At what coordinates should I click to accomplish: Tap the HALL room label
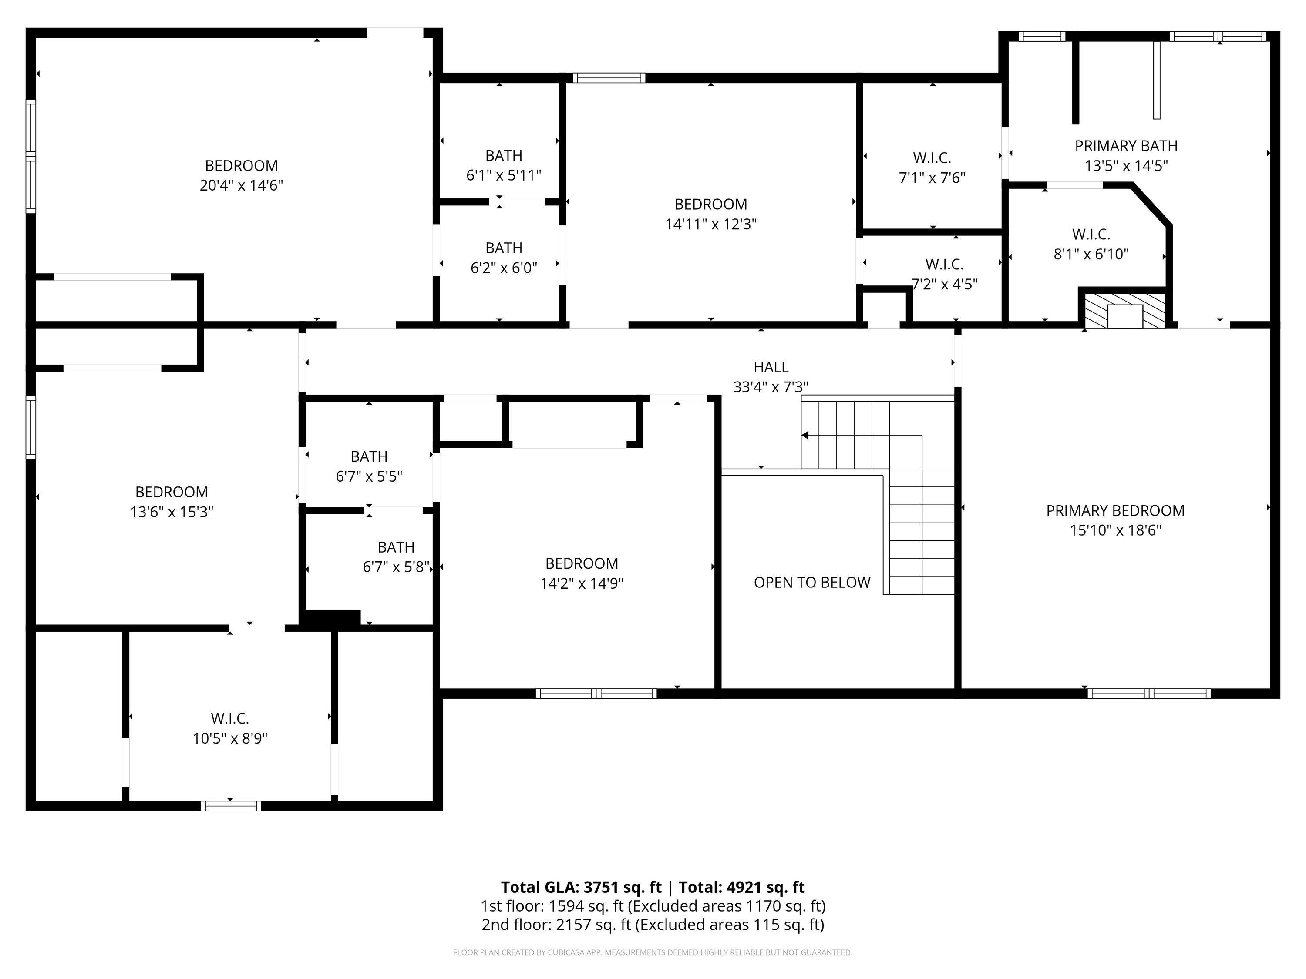(x=771, y=367)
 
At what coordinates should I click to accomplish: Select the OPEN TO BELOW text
(x=812, y=583)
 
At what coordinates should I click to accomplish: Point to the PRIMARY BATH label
(x=1126, y=146)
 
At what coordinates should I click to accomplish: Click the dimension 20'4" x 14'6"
(x=242, y=185)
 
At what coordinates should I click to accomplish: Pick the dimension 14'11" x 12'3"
(x=711, y=224)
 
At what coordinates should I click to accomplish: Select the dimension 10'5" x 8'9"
(x=230, y=738)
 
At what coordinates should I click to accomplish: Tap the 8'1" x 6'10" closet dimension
(x=1091, y=255)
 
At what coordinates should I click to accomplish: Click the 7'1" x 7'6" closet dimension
(x=932, y=178)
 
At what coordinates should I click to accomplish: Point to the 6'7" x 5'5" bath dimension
(x=369, y=476)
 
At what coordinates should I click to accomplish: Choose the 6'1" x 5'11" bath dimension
(x=504, y=175)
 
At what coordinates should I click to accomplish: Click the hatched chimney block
(x=1125, y=309)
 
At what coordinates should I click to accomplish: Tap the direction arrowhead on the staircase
(x=805, y=436)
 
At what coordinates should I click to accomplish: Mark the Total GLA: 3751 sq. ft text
(x=581, y=887)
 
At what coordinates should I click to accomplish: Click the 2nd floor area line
(x=653, y=924)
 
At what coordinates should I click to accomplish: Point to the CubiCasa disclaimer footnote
(x=653, y=952)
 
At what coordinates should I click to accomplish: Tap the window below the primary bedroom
(x=1149, y=694)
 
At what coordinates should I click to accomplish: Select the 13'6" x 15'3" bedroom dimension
(x=172, y=512)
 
